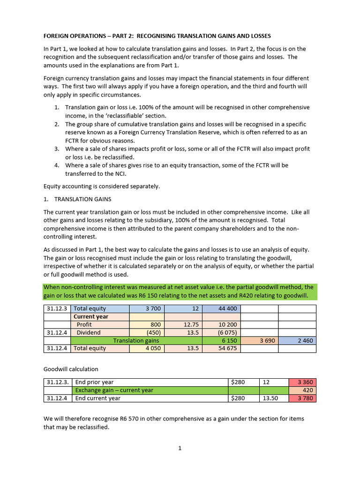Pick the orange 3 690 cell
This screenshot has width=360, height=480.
point(260,340)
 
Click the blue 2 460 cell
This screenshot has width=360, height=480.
point(297,340)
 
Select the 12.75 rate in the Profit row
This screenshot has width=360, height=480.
point(183,324)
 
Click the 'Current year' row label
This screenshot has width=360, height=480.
point(90,316)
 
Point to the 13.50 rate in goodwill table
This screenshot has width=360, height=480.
point(270,398)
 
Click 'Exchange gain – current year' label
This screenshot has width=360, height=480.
point(114,390)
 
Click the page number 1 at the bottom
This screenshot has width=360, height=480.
point(180,448)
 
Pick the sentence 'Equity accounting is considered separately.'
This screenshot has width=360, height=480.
point(101,186)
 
